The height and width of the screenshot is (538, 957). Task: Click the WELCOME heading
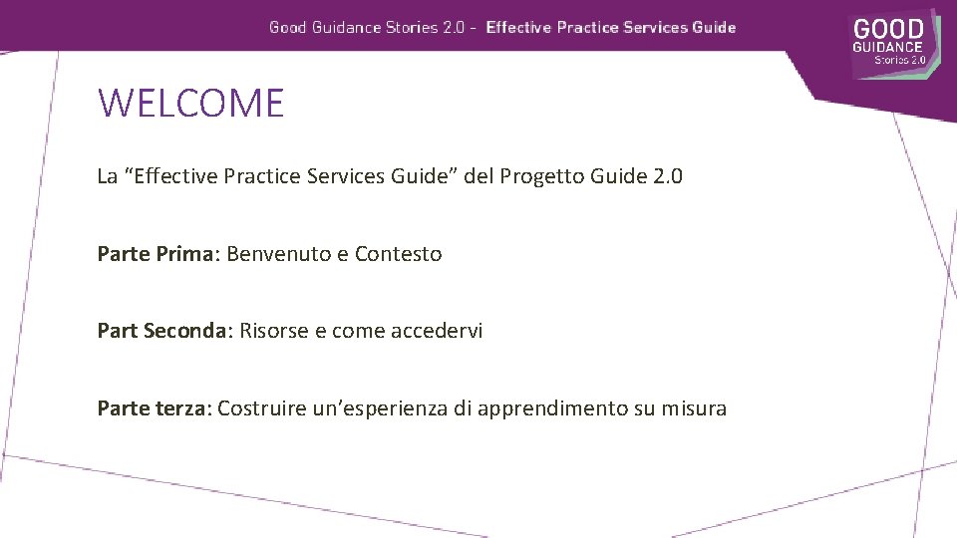(x=190, y=103)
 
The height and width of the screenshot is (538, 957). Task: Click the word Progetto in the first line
(x=541, y=177)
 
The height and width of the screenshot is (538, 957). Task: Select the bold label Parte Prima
(x=156, y=254)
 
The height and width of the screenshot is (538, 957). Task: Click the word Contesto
(x=398, y=254)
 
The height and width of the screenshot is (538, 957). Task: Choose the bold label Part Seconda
(x=163, y=331)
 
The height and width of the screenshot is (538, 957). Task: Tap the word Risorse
(x=274, y=331)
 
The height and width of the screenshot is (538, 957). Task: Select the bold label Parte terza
(x=153, y=407)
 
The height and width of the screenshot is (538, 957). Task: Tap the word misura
(x=694, y=407)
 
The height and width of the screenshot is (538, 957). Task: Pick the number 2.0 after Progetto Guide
(x=668, y=177)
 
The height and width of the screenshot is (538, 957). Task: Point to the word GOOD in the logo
(x=888, y=29)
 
